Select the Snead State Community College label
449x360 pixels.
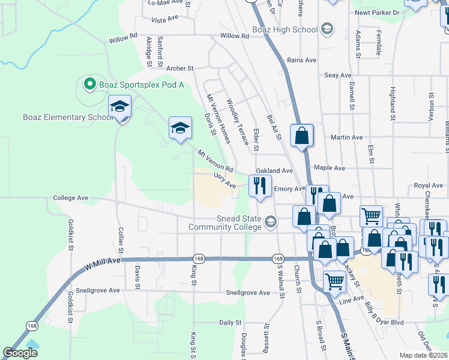tap(226, 223)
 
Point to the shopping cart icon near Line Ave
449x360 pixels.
tap(334, 280)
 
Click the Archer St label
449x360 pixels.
tap(181, 69)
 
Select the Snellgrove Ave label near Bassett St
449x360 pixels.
tap(248, 293)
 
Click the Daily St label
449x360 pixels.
tap(230, 323)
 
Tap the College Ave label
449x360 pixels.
tap(71, 197)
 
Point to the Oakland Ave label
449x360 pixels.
tap(274, 171)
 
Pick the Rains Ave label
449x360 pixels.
tap(301, 60)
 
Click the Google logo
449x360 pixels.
tap(20, 353)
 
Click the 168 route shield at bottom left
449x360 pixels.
tap(31, 325)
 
